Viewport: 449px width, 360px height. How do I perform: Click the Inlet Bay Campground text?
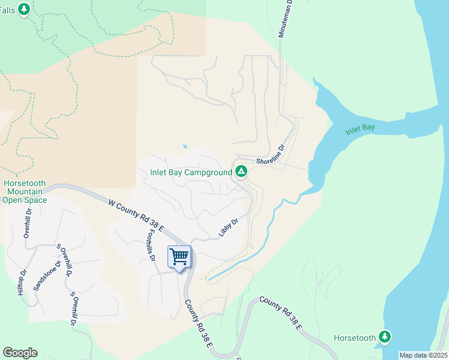pos(191,173)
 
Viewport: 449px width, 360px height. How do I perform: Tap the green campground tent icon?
pos(241,172)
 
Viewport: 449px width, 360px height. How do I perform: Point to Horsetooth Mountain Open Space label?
pos(25,191)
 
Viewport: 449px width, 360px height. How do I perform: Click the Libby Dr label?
pos(229,227)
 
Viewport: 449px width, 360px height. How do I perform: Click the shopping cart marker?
pos(179,257)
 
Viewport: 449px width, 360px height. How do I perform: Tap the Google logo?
pos(20,353)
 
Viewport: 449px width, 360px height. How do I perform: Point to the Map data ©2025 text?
pos(423,355)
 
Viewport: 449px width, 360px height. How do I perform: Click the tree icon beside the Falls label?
pos(24,10)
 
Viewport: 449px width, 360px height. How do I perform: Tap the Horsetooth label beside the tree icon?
pos(355,338)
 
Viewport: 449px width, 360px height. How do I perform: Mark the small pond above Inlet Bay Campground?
pos(184,146)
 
